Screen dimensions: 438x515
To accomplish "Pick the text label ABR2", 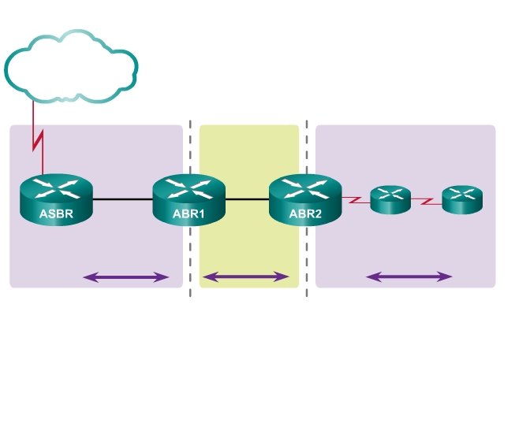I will (x=305, y=213).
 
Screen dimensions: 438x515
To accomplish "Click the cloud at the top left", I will (x=71, y=66).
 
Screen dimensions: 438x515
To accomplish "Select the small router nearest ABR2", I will (x=390, y=199).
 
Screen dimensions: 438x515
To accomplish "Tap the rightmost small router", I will (x=461, y=199).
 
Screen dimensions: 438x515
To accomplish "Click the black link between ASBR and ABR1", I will (x=122, y=200).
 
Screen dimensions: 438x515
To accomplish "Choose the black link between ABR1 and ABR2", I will (x=247, y=200).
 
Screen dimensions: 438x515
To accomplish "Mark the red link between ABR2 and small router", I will (x=356, y=201).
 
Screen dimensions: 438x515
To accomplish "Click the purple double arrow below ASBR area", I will (x=126, y=277).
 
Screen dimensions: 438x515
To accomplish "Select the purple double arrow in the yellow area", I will (x=246, y=277).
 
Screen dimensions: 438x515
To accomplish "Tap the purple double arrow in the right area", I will (x=409, y=277).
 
